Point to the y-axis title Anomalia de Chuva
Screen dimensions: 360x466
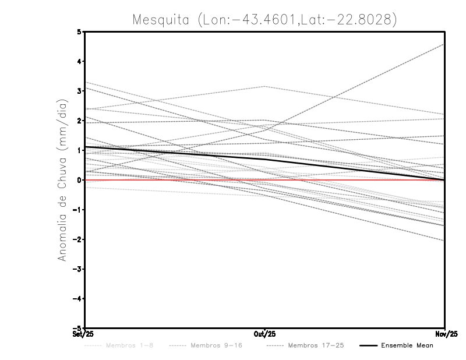[x=62, y=180]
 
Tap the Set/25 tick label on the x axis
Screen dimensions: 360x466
[x=84, y=334]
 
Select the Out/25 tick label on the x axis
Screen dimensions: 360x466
[x=264, y=334]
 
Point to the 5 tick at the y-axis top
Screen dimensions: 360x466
[x=79, y=31]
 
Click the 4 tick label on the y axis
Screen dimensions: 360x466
[x=79, y=61]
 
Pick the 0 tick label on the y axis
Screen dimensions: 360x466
[x=79, y=180]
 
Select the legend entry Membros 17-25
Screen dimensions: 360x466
[x=315, y=345]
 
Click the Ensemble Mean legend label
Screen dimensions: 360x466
[x=407, y=345]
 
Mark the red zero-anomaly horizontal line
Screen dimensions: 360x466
[x=175, y=180]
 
